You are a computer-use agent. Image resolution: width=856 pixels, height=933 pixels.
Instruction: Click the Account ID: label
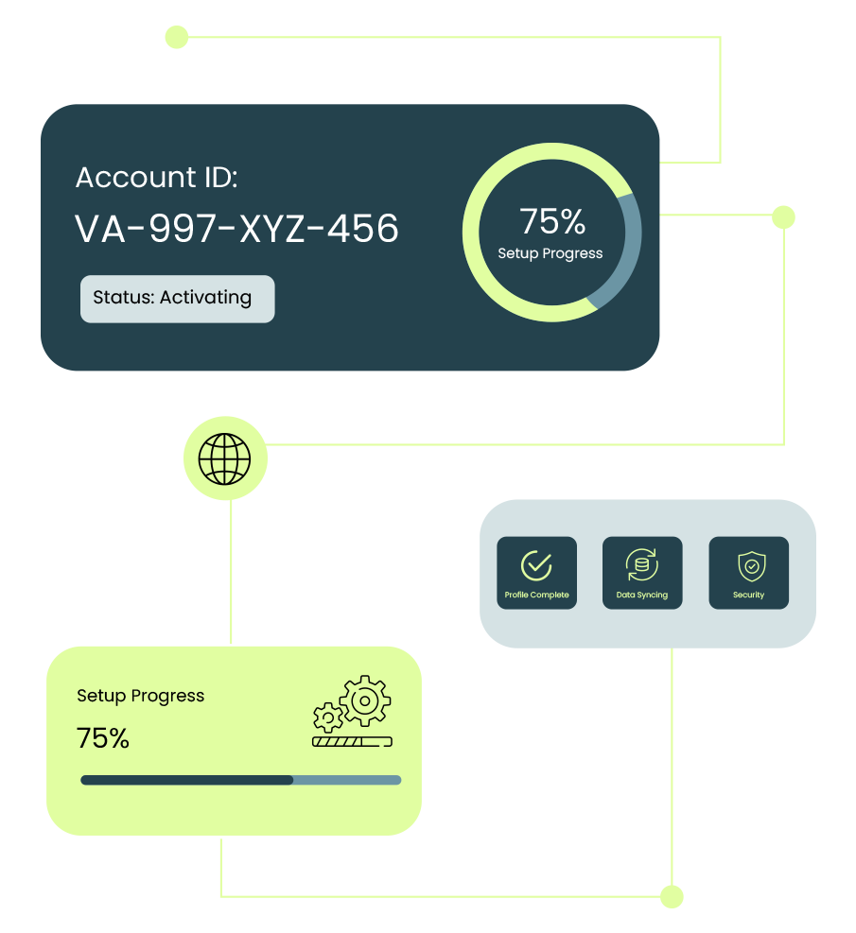(156, 178)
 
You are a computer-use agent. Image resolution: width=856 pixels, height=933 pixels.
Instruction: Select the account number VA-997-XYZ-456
(236, 229)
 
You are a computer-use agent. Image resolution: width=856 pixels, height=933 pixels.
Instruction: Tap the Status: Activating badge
(177, 299)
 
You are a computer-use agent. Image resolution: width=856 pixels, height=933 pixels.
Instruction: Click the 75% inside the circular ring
(552, 221)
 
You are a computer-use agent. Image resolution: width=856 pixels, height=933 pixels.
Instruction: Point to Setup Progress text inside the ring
(550, 253)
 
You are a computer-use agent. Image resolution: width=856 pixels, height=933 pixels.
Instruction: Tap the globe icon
(225, 459)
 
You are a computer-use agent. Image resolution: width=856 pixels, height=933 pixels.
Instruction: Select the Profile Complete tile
(536, 573)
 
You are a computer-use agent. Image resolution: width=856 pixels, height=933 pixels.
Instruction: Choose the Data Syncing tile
(642, 573)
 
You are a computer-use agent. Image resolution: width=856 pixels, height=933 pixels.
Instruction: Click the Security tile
(748, 573)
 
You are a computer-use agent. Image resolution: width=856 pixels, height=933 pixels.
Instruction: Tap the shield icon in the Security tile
(751, 565)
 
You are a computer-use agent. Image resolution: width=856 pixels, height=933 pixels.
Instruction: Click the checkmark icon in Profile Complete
(536, 565)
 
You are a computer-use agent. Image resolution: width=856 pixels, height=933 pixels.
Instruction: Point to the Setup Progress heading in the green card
(140, 696)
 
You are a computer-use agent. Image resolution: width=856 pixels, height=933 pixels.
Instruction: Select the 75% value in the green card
(103, 738)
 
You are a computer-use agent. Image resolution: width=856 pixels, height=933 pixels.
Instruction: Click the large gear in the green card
(364, 700)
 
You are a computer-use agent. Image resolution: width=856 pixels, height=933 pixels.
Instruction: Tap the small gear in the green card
(327, 717)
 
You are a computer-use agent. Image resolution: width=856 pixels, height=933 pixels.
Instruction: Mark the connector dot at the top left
(176, 37)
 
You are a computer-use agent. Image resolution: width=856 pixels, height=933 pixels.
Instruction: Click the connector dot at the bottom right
(672, 896)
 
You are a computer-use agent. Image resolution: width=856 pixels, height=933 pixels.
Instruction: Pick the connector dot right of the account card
(783, 217)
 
